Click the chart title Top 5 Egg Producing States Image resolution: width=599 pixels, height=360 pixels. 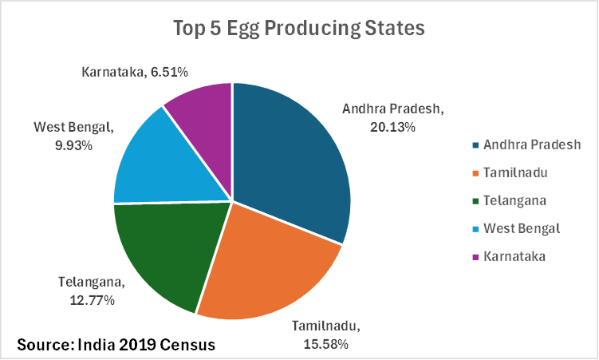(x=299, y=28)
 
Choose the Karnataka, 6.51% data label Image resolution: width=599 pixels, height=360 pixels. (x=134, y=72)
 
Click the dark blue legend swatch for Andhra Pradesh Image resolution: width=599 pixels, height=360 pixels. (x=475, y=144)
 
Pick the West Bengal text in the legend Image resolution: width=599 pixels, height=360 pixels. (x=522, y=229)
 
